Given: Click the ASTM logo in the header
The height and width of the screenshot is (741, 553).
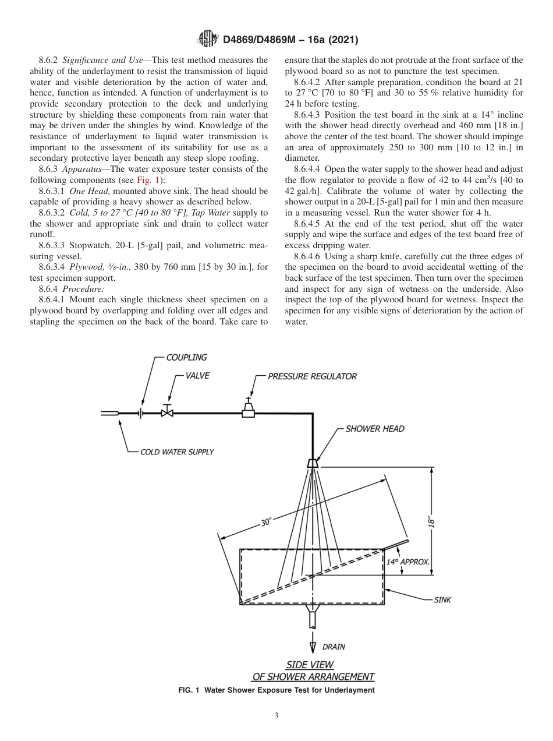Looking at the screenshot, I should point(208,40).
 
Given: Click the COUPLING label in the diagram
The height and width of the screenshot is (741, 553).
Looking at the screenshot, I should point(186,357).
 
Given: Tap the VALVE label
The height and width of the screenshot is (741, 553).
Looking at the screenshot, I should point(197,376).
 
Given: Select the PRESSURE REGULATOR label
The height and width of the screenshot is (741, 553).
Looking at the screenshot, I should point(312,376).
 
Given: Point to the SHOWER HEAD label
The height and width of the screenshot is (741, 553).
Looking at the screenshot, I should point(375,429).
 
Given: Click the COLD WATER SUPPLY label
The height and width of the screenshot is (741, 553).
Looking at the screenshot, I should point(177,451).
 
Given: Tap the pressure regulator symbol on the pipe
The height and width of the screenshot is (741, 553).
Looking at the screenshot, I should point(249,410).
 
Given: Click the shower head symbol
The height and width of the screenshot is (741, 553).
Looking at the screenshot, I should point(313,463).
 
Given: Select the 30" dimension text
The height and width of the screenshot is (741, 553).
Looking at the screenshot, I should point(266,523).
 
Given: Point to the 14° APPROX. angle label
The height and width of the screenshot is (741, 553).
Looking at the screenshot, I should point(408,562).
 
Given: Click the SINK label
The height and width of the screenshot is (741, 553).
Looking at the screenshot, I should point(442,599).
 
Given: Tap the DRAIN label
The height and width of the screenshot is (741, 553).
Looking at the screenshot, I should point(334,647).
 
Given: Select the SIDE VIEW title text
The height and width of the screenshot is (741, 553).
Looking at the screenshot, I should point(309,664).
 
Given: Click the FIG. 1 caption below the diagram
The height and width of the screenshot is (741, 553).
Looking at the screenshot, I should point(276,690).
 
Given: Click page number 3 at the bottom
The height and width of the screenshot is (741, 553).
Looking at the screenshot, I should point(276,717).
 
